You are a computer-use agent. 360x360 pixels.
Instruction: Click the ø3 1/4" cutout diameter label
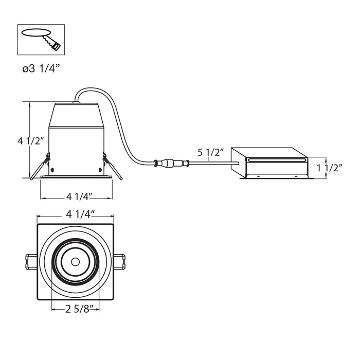41,68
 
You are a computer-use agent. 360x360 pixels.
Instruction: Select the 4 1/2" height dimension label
30,141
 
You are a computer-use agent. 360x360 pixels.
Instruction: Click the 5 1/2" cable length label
210,152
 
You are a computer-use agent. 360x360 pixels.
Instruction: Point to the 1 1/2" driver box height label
330,168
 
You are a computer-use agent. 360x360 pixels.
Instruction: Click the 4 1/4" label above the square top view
80,214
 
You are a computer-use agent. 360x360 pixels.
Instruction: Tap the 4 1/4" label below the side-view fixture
79,196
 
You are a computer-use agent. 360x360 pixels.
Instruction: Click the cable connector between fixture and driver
172,163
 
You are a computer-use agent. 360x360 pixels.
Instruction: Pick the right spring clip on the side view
113,166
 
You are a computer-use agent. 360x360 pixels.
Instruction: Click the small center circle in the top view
75,262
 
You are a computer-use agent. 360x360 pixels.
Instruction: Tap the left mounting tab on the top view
31,262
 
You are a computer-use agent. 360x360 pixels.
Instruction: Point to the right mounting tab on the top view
120,262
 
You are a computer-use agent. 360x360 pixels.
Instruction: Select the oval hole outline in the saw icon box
36,32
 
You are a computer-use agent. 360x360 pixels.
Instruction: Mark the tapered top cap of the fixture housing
76,115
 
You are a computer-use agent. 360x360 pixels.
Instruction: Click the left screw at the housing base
52,170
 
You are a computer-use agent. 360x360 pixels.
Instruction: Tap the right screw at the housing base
100,170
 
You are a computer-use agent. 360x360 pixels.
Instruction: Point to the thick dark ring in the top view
75,262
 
